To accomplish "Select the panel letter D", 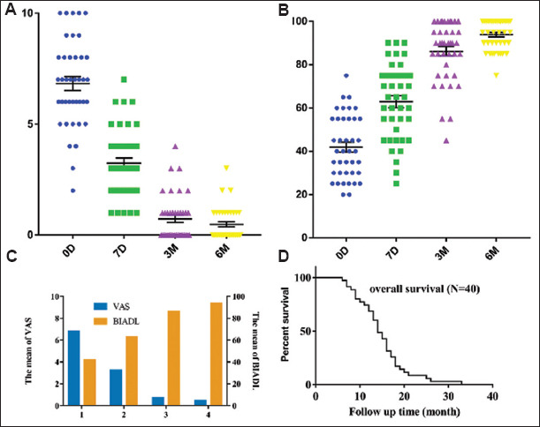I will (284, 258).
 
